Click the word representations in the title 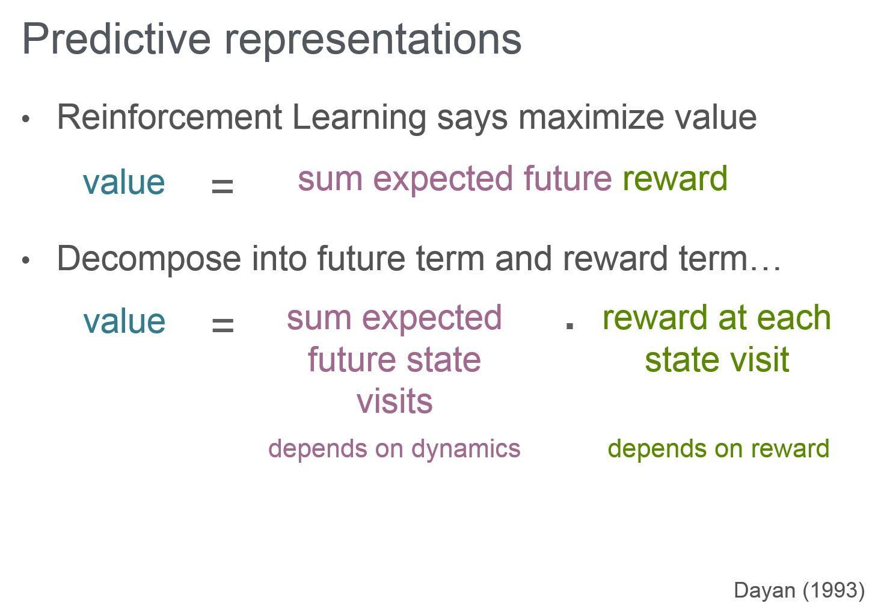click(373, 39)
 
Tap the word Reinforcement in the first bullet click(169, 117)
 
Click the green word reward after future click(675, 179)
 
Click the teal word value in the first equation click(124, 182)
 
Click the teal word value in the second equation click(124, 321)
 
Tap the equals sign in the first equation click(223, 186)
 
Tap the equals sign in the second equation click(223, 326)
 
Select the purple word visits click(394, 401)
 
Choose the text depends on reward click(718, 449)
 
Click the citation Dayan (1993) click(799, 590)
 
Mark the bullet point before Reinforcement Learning click(26, 119)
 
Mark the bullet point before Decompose click(26, 261)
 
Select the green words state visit click(717, 360)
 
